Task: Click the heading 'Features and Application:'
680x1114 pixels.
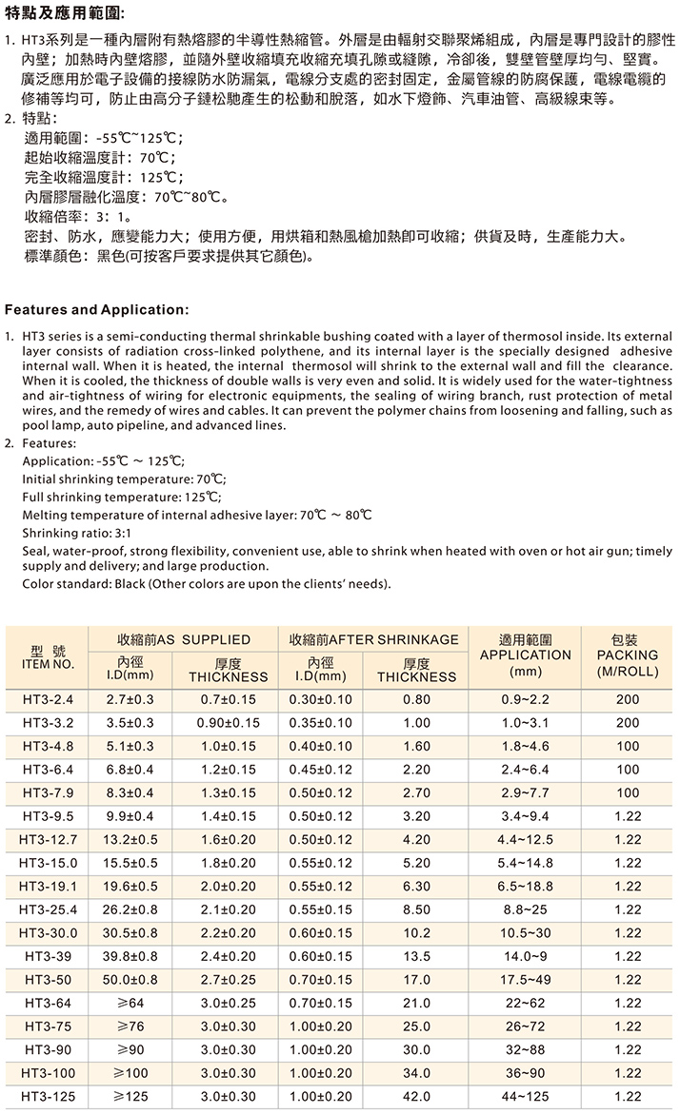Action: tap(97, 309)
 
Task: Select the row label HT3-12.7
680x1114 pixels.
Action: tap(48, 839)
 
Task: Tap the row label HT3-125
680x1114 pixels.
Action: tap(48, 1097)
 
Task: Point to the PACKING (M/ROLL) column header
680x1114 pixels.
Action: tap(626, 655)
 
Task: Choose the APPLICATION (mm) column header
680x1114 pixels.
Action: tap(525, 655)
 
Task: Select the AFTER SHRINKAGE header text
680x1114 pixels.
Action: tap(372, 639)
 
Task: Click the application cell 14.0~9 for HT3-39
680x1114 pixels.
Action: tap(525, 956)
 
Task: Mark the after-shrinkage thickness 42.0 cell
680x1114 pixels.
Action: tap(417, 1097)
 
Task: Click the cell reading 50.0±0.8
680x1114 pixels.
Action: tap(130, 980)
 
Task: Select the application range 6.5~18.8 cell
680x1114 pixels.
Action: tap(525, 886)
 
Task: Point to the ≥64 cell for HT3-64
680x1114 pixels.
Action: tap(130, 1003)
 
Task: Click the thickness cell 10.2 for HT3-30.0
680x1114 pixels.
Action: tap(417, 932)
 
